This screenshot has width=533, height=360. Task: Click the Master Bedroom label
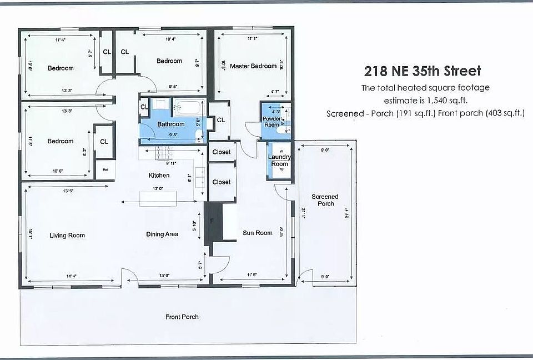(x=253, y=66)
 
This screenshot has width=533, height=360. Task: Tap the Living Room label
(x=67, y=236)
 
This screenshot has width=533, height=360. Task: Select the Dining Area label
(x=162, y=234)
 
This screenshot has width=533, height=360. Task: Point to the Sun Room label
(x=258, y=233)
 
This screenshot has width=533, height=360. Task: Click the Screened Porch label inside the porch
(x=325, y=200)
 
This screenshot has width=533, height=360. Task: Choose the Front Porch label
(x=182, y=317)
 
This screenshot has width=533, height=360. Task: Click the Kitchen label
(x=159, y=176)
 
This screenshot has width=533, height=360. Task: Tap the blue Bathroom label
(x=170, y=124)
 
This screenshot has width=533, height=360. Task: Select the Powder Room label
(x=271, y=122)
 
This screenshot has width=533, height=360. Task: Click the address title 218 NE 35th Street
(x=423, y=71)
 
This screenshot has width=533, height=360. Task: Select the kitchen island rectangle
(x=158, y=198)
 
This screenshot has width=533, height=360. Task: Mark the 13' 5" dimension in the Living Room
(x=68, y=191)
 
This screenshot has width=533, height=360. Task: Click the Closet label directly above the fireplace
(x=222, y=182)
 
